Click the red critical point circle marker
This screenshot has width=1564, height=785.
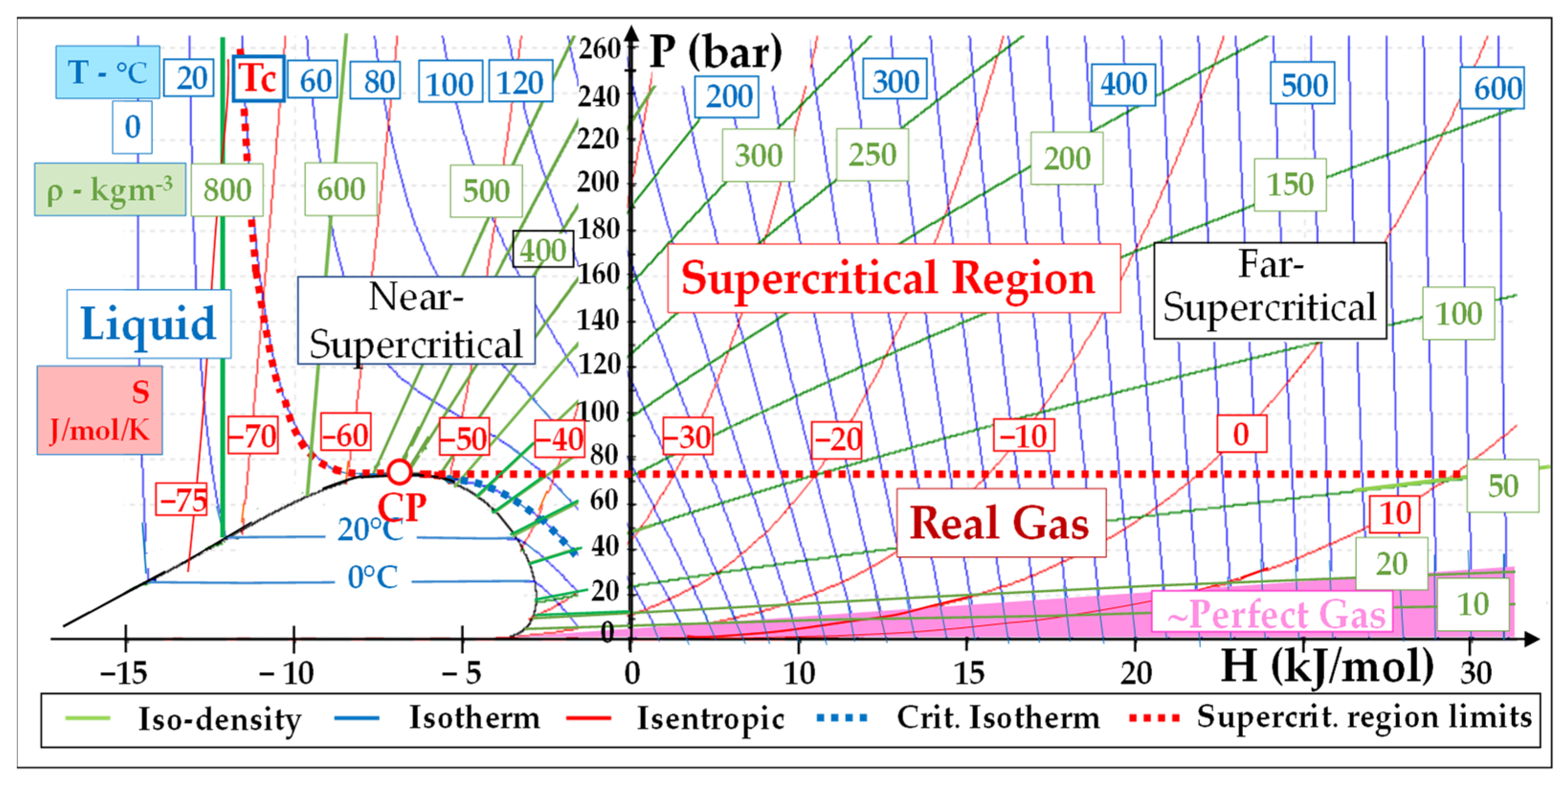(x=399, y=472)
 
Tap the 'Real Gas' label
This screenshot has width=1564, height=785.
(x=1000, y=523)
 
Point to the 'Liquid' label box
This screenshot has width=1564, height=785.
(x=149, y=323)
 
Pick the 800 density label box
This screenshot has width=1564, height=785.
(x=227, y=189)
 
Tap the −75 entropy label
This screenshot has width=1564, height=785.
(x=181, y=500)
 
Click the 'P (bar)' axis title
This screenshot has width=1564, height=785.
(x=715, y=53)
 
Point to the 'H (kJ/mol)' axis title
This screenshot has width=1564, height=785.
(x=1327, y=667)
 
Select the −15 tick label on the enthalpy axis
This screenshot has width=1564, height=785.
(x=124, y=673)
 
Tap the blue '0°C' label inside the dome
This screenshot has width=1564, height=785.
(x=373, y=577)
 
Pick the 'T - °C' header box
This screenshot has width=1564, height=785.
(x=108, y=72)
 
